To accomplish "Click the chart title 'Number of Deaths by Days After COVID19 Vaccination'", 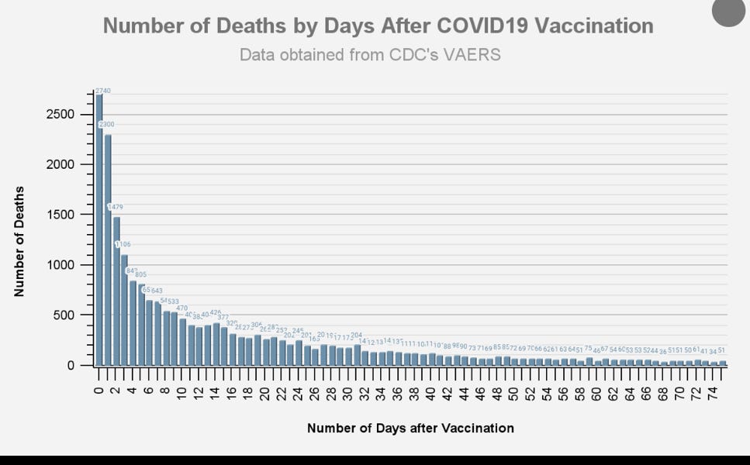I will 378,26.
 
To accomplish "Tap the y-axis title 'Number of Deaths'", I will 19,241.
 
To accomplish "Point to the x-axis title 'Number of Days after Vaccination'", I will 410,428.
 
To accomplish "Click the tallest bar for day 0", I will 99,232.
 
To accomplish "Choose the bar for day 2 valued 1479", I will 116,291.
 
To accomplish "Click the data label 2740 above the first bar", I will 102,91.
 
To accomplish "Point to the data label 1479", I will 115,207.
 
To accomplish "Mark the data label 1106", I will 123,244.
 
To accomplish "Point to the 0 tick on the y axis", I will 70,365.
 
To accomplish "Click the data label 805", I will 140,274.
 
